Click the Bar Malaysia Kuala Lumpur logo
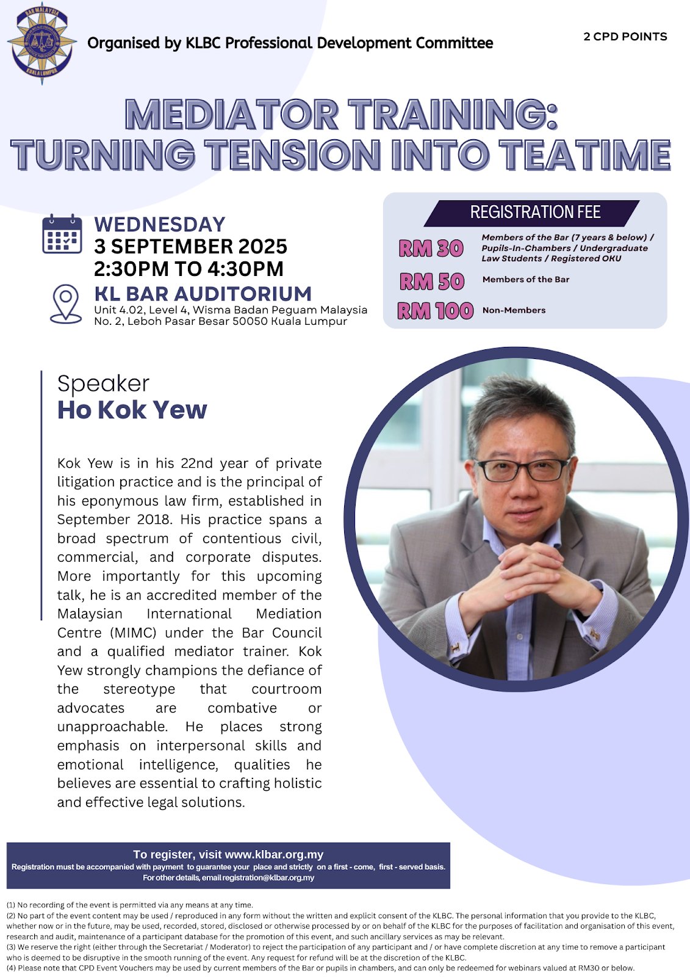point(42,43)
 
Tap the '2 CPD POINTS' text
point(625,37)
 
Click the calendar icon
point(62,234)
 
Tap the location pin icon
point(66,304)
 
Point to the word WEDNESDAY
point(160,225)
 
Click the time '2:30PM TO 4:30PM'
point(189,269)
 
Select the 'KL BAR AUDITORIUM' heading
point(203,294)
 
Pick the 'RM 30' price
point(431,249)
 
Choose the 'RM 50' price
point(432,281)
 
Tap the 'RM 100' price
point(436,311)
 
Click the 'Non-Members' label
point(514,311)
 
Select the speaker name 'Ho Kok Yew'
point(132,410)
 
